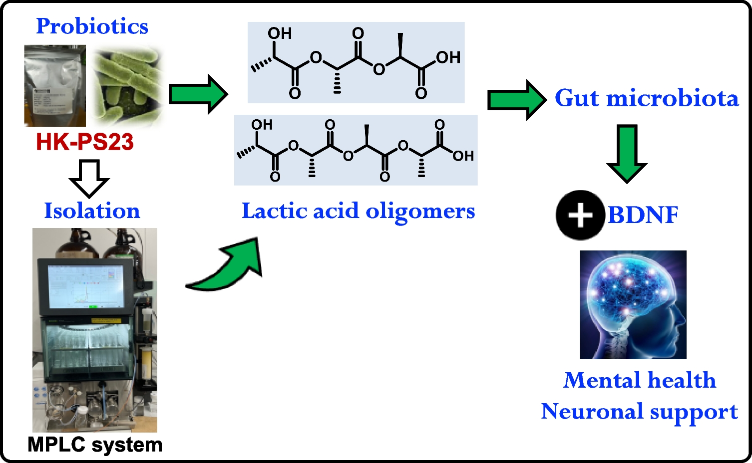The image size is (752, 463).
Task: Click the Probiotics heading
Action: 92,26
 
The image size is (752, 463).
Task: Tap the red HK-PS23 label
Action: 85,142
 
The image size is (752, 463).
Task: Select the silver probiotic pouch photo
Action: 55,85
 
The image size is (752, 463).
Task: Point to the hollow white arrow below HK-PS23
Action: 89,178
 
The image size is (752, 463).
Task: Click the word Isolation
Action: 92,211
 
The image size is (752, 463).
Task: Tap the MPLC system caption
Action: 95,445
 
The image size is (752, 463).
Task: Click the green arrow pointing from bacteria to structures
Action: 198,94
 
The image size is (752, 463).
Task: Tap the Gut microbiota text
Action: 647,98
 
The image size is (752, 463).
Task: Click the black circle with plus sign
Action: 580,216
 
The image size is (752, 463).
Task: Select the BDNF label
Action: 643,216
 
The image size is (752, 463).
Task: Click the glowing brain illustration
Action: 633,304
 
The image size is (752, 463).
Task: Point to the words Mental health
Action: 640,380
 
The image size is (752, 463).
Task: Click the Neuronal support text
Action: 639,412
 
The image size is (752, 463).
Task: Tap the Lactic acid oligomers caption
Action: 358,211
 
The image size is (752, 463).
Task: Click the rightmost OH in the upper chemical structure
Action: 448,57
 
